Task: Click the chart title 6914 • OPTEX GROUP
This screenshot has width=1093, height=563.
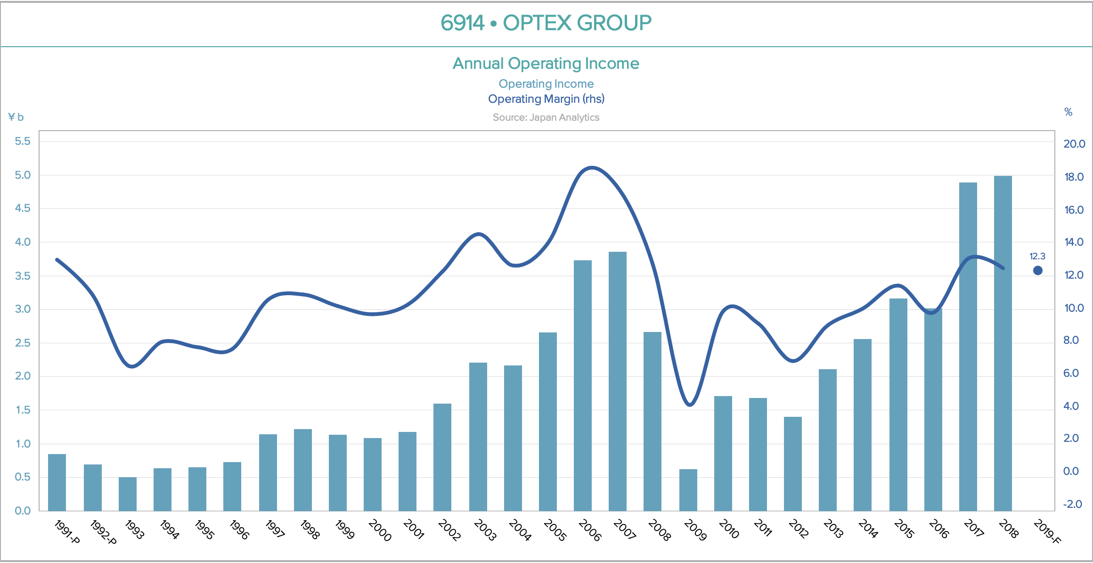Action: pyautogui.click(x=546, y=23)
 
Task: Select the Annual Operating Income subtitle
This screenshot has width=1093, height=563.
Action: pyautogui.click(x=546, y=63)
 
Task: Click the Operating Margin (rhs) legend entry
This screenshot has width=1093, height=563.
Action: pyautogui.click(x=546, y=99)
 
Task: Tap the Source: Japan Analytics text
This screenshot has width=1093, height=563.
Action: pyautogui.click(x=546, y=117)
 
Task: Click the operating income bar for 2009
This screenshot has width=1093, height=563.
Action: pyautogui.click(x=688, y=490)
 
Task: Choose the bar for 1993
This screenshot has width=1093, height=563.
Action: pyautogui.click(x=127, y=494)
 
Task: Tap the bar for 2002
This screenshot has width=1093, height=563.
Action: pyautogui.click(x=442, y=457)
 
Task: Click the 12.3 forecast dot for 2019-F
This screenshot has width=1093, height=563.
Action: pyautogui.click(x=1037, y=271)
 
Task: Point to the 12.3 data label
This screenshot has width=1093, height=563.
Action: pyautogui.click(x=1037, y=257)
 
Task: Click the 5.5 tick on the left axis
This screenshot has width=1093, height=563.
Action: pyautogui.click(x=23, y=141)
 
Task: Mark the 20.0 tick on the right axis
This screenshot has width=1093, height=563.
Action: pyautogui.click(x=1074, y=144)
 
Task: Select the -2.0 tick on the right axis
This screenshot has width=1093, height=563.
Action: pyautogui.click(x=1072, y=504)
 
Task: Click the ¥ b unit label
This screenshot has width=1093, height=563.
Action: pyautogui.click(x=16, y=117)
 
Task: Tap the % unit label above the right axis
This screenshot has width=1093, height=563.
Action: pyautogui.click(x=1068, y=112)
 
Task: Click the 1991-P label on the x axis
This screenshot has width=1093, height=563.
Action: pyautogui.click(x=67, y=532)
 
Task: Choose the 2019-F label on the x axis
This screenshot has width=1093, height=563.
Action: pyautogui.click(x=1046, y=532)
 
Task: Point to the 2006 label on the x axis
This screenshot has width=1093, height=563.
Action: pyautogui.click(x=590, y=530)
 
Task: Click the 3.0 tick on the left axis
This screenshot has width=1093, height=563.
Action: pyautogui.click(x=23, y=309)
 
